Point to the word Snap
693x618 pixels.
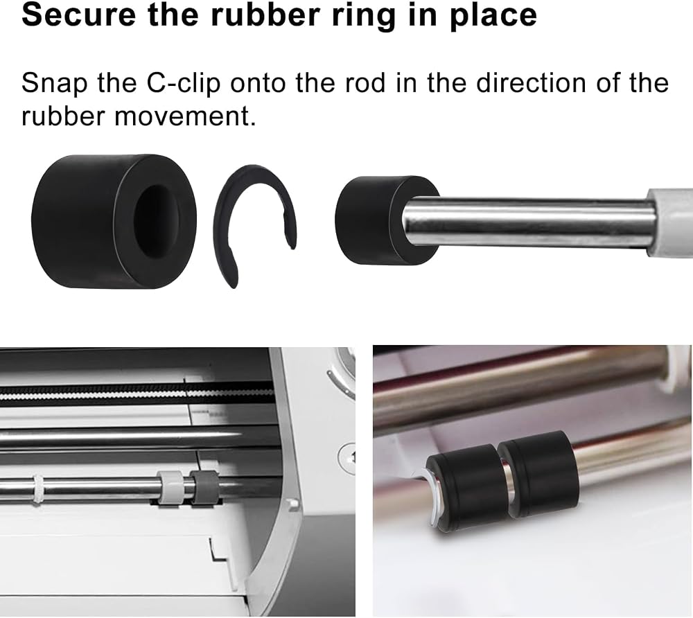click(54, 84)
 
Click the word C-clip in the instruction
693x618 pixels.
click(183, 84)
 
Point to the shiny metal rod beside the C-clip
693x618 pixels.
click(528, 222)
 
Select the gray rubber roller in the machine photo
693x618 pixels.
click(204, 486)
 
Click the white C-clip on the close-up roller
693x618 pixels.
click(430, 497)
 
